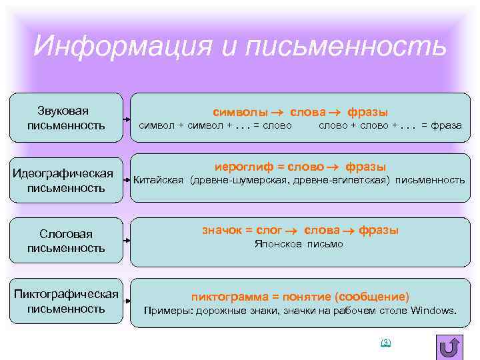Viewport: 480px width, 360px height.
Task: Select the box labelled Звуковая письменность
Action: (65, 117)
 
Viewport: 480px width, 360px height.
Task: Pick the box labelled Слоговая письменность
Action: (65, 241)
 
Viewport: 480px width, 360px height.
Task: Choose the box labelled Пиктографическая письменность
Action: (65, 301)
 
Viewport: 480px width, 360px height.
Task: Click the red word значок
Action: (221, 230)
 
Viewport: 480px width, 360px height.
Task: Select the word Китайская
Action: (159, 180)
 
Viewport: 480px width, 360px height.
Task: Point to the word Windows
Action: (434, 311)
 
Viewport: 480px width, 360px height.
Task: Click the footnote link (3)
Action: (385, 342)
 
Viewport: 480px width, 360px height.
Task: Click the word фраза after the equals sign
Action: (447, 125)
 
